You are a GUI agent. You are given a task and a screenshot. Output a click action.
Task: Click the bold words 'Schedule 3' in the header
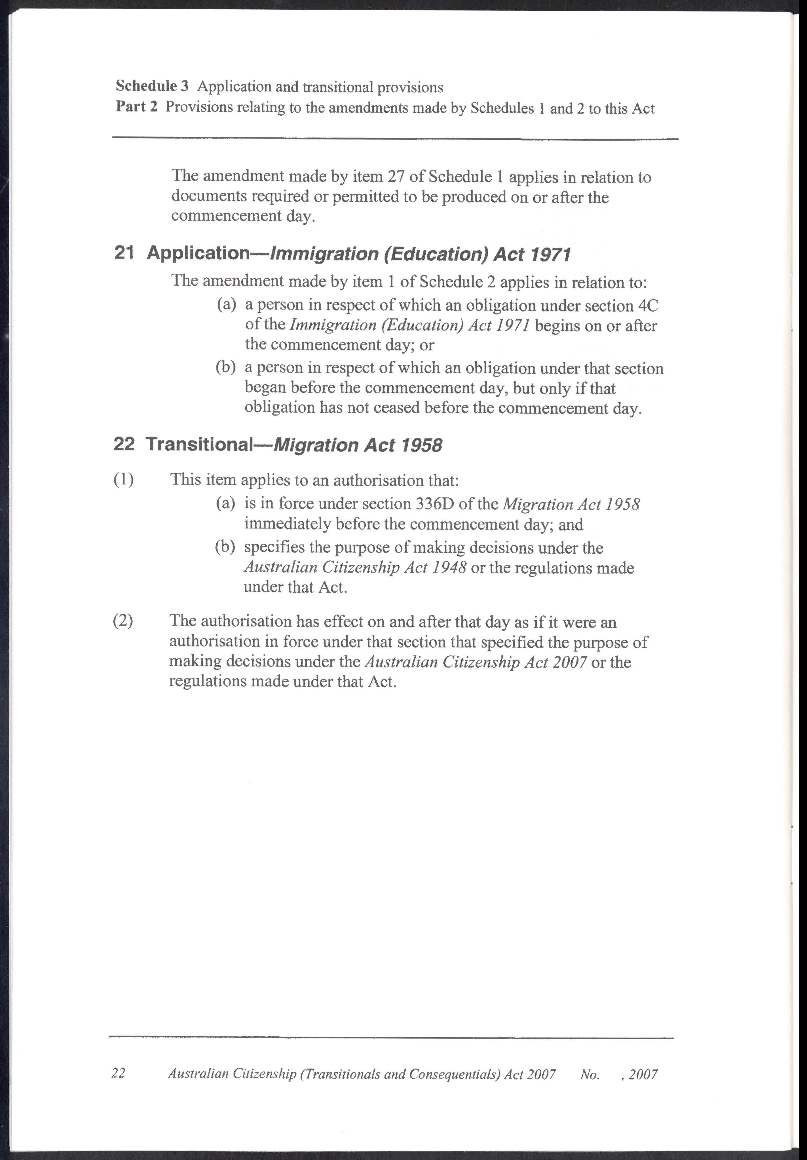point(152,86)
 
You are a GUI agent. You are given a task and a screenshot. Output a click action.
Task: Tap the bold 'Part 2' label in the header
point(136,107)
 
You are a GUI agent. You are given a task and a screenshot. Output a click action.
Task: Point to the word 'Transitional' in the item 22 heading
point(198,444)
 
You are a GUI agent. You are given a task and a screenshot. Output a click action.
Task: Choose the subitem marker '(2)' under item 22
point(123,621)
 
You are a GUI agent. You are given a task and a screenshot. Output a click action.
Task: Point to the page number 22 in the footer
point(118,1074)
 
